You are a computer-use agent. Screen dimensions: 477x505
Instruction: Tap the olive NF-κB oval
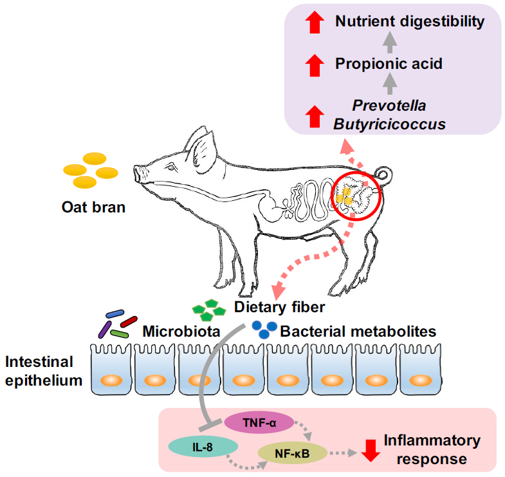click(293, 454)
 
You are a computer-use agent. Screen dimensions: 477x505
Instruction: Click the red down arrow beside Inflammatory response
click(369, 450)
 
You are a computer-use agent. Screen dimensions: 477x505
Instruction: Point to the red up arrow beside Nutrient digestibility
click(313, 23)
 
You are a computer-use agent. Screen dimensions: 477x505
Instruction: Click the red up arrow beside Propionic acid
click(313, 64)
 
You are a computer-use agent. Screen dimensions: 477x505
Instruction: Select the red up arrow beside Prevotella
click(313, 115)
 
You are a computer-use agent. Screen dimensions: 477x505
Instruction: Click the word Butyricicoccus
click(389, 124)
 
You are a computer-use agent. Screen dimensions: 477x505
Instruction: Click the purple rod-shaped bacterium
click(104, 329)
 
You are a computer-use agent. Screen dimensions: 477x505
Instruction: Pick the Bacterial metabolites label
click(358, 332)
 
